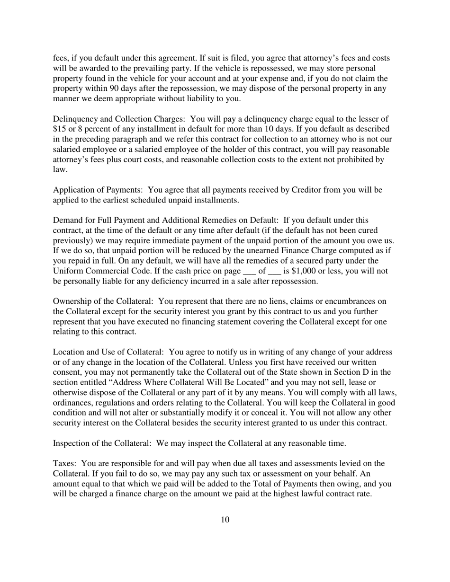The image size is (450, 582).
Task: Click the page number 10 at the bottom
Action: [x=225, y=520]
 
